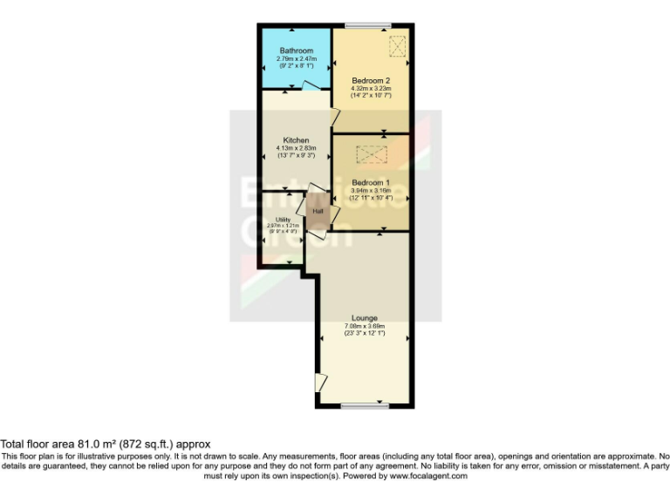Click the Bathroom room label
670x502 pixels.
(x=296, y=51)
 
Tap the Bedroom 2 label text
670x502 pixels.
(x=372, y=80)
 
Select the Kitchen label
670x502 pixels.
(x=296, y=140)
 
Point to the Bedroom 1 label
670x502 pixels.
(x=371, y=182)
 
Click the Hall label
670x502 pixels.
(x=318, y=211)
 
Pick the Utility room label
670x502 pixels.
(x=283, y=220)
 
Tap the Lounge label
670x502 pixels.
(x=365, y=317)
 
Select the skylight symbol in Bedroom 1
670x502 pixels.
(x=371, y=155)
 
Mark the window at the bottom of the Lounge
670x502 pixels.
(x=364, y=405)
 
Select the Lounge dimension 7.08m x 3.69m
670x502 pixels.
(x=365, y=326)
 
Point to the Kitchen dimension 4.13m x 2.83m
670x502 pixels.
(x=296, y=149)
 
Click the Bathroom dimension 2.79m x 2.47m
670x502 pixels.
(x=296, y=59)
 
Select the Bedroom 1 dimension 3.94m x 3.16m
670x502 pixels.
(x=371, y=191)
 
